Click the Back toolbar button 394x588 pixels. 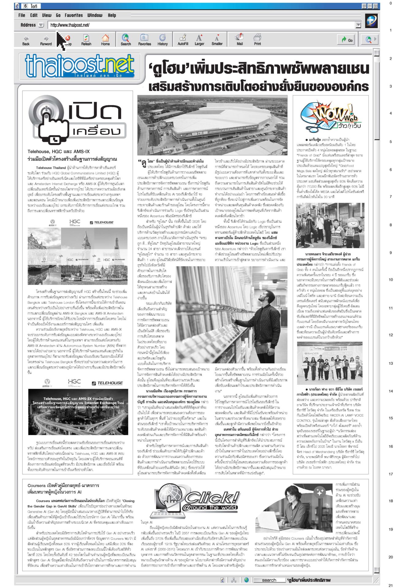(26, 40)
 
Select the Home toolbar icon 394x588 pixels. (105, 40)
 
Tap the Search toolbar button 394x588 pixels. (126, 40)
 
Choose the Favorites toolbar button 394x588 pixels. (144, 40)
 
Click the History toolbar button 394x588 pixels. (162, 40)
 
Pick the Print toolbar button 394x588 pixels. (257, 40)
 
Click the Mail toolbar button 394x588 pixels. (240, 40)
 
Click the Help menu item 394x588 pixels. (112, 15)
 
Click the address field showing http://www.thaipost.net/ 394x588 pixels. (199, 25)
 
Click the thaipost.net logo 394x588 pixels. (80, 66)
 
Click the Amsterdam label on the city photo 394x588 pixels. (44, 254)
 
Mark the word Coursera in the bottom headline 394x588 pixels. (36, 485)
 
